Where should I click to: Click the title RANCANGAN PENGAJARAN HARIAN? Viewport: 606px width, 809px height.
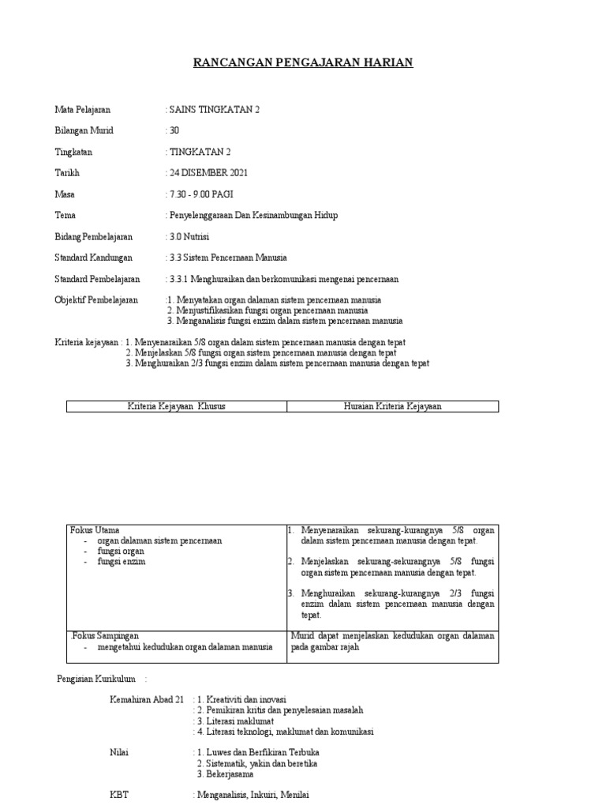[x=303, y=62]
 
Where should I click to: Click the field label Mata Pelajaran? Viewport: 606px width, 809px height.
[x=82, y=109]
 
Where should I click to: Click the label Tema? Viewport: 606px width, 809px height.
[x=65, y=215]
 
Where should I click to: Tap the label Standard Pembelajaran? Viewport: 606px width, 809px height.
[x=97, y=279]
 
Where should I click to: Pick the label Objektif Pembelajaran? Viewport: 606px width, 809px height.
[x=95, y=300]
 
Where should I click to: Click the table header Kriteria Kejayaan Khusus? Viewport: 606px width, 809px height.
[x=177, y=406]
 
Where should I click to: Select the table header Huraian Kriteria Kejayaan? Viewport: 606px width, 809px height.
[x=392, y=406]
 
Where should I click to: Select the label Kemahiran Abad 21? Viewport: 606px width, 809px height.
[x=146, y=699]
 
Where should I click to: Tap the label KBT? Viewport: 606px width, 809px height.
[x=118, y=795]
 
